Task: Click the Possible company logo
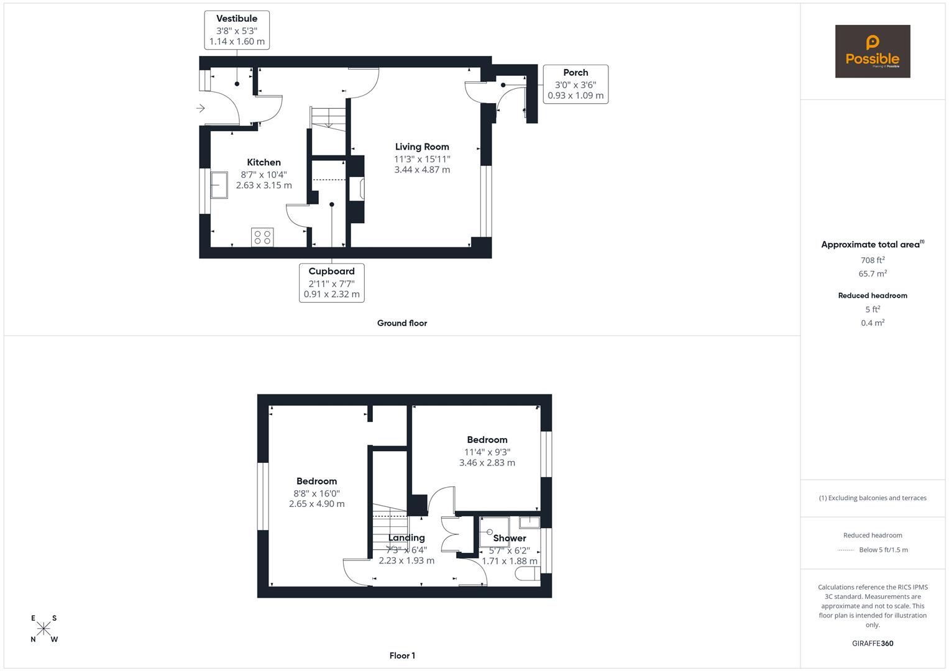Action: [872, 51]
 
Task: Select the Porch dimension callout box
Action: [575, 84]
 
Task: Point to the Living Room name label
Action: [422, 147]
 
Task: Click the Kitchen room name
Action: [264, 162]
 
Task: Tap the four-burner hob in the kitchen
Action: [262, 237]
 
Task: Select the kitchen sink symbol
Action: [219, 185]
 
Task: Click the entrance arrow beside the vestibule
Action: [201, 109]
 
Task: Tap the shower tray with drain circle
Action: [494, 532]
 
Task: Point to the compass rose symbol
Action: [44, 628]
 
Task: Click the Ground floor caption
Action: [402, 323]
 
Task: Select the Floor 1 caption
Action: [402, 655]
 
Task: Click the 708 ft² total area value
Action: [873, 260]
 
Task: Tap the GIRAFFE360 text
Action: [873, 643]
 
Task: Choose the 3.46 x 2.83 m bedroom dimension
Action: [487, 463]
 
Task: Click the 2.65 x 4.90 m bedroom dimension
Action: [316, 504]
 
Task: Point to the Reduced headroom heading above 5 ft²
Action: [873, 296]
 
